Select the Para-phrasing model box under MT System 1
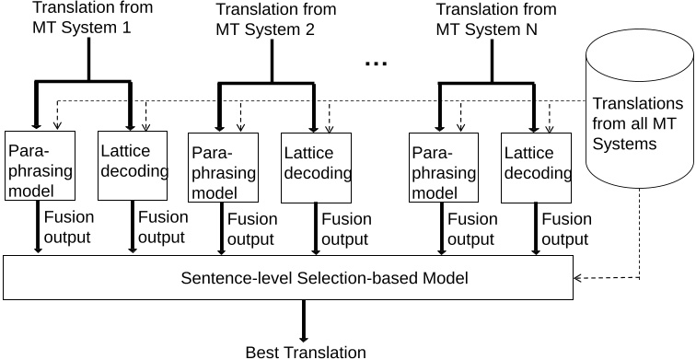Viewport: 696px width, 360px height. click(x=36, y=165)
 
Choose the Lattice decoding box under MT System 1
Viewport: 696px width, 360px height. click(x=133, y=165)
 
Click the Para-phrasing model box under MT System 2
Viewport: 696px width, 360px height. click(x=222, y=167)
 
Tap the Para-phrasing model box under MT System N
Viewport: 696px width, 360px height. click(x=443, y=167)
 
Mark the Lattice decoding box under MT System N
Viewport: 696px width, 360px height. click(x=535, y=167)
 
